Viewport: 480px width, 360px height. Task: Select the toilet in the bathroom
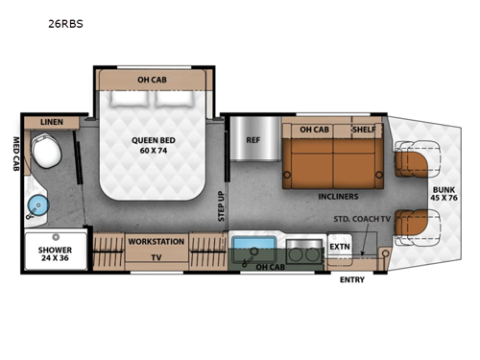pyautogui.click(x=44, y=152)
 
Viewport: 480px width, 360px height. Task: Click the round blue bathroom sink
pyautogui.click(x=38, y=204)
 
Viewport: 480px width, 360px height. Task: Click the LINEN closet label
pyautogui.click(x=51, y=122)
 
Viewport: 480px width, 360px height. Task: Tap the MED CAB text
pyautogui.click(x=16, y=154)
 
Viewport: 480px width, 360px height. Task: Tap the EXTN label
pyautogui.click(x=340, y=247)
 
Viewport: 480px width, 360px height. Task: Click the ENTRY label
pyautogui.click(x=352, y=279)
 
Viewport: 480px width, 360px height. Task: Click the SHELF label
pyautogui.click(x=365, y=130)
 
